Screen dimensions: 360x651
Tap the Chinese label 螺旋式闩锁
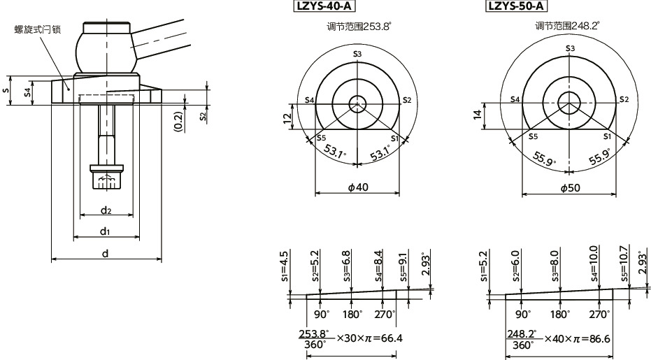36,29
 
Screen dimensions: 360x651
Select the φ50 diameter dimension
570,188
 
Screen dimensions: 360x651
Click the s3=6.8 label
347,264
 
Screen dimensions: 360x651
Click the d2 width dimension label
106,209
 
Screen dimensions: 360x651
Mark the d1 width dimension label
105,231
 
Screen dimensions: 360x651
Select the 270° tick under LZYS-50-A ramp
599,314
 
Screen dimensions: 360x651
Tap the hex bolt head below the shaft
106,182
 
